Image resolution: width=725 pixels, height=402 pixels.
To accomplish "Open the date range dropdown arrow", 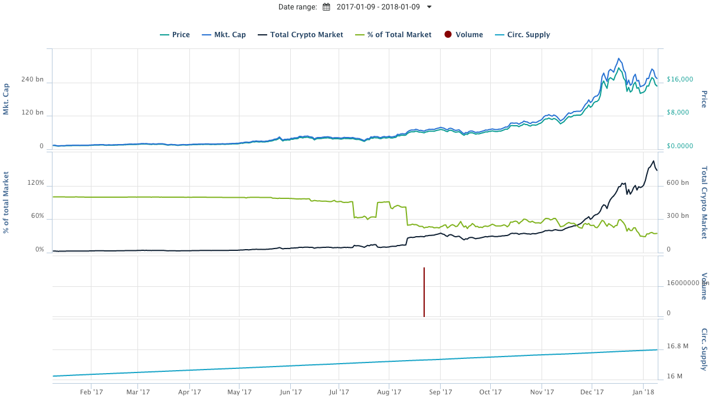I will coord(429,7).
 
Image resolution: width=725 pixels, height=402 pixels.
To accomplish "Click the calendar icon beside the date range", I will coord(326,7).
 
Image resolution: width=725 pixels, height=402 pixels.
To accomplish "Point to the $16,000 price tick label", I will coord(680,79).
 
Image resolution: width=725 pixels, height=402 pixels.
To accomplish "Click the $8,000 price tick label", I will coord(680,113).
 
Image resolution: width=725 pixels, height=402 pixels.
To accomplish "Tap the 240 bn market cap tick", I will coord(32,79).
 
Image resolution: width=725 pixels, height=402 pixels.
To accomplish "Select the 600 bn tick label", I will coord(677,183).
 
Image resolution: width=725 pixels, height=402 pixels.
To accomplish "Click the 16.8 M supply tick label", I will coord(677,347).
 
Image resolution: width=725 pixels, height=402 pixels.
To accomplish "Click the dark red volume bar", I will coord(424,292).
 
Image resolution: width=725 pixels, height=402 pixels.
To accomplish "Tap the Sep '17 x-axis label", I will coord(440,391).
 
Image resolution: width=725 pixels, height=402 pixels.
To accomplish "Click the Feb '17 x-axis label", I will coord(91,391).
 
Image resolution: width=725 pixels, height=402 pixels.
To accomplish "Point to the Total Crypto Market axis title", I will coord(704,202).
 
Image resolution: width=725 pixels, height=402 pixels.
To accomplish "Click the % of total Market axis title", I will coord(6,202).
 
